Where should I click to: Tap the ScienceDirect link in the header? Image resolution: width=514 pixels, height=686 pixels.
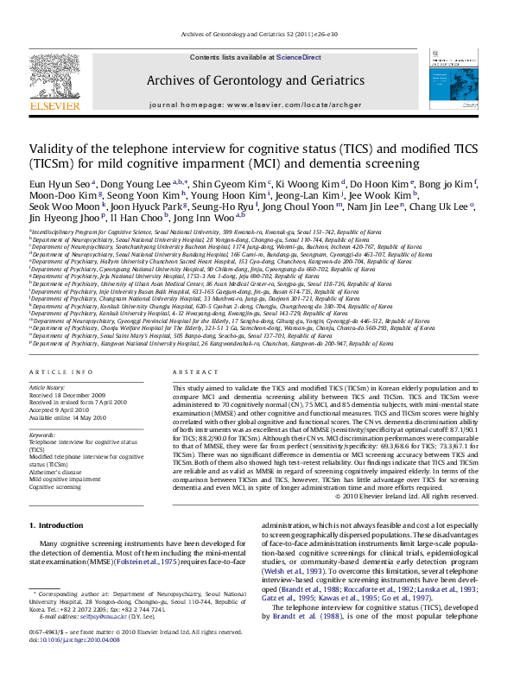[x=298, y=57]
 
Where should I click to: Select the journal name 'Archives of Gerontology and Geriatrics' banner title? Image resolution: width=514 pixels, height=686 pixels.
[x=255, y=80]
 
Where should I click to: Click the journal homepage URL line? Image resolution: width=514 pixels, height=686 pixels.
[x=255, y=104]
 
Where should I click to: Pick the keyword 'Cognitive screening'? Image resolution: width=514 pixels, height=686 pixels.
[x=55, y=486]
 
